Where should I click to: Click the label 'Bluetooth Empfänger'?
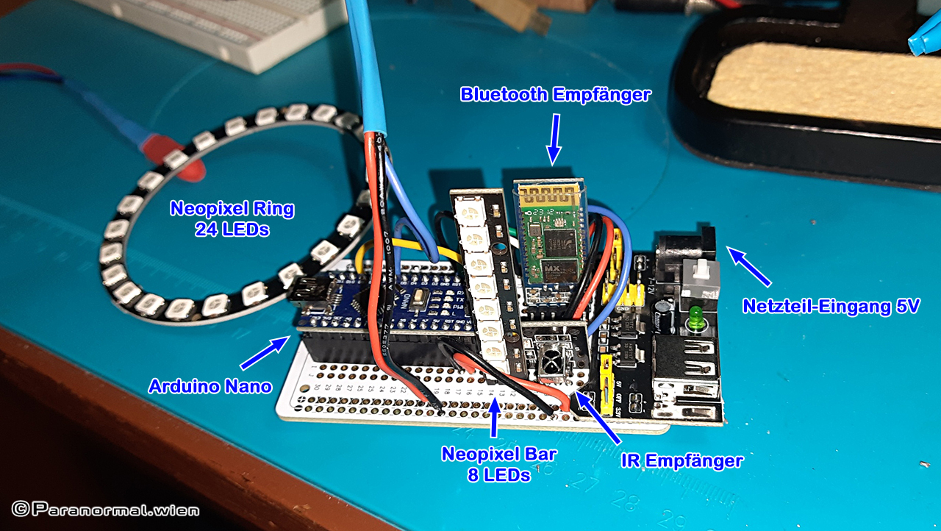tap(555, 95)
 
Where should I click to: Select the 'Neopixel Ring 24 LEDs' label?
tap(232, 218)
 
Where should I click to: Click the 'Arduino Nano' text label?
tap(210, 385)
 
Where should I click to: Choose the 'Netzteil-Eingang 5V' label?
tap(831, 306)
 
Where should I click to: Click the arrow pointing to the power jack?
tap(749, 266)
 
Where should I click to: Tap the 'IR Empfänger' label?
tap(682, 461)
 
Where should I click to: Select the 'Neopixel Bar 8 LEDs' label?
tap(499, 464)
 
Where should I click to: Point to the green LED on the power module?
tap(693, 321)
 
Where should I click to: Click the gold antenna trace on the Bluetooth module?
tap(548, 193)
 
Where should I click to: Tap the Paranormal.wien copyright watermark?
tap(104, 509)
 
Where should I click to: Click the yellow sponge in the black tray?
tap(816, 85)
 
